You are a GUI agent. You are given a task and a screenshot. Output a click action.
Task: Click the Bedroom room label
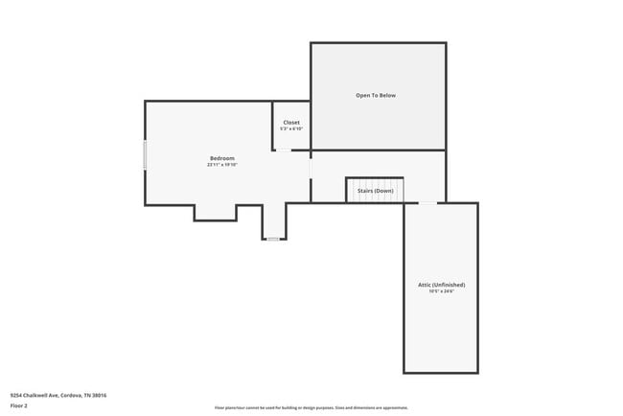coord(222,158)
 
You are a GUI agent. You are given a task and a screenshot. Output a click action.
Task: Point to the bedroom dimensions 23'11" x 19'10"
coord(222,165)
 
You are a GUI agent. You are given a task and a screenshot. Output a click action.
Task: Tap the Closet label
coord(291,123)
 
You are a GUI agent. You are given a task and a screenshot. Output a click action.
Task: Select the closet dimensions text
coord(291,129)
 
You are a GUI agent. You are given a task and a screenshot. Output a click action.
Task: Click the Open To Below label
coord(376,96)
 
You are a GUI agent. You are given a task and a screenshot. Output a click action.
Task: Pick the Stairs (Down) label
coord(375,191)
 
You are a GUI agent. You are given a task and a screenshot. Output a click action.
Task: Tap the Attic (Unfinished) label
coord(441,285)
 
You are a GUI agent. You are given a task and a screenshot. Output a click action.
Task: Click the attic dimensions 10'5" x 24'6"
coord(441,291)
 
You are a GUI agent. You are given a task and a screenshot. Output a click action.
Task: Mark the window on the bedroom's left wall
coord(146,155)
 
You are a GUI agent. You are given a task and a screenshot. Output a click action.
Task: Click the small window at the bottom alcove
coord(274,239)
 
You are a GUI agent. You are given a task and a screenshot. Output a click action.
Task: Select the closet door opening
coord(285,150)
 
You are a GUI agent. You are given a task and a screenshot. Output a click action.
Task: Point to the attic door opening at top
coord(427,203)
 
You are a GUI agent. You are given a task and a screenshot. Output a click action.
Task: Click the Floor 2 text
coord(20,407)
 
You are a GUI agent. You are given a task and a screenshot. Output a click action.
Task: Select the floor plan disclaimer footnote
coord(311,407)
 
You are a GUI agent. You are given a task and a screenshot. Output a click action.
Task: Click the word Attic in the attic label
coord(425,285)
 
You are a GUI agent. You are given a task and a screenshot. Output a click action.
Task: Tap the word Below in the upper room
coord(386,96)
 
